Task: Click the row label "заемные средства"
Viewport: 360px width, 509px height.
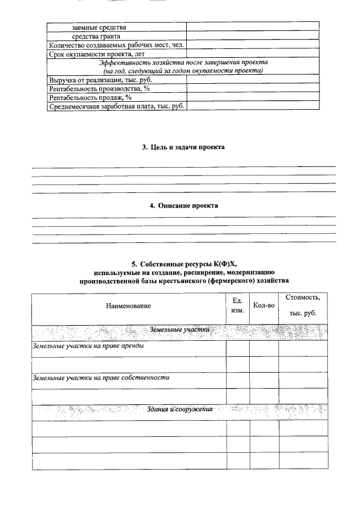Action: point(99,27)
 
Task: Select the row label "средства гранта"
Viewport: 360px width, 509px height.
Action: point(96,36)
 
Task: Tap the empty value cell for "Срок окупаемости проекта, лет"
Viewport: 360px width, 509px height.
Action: point(253,55)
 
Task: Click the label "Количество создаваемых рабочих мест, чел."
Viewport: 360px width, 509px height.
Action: point(116,45)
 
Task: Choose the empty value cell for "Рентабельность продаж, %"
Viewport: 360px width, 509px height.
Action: point(253,97)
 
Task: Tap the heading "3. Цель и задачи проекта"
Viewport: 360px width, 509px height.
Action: point(183,147)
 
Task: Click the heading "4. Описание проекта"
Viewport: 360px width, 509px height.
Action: point(183,206)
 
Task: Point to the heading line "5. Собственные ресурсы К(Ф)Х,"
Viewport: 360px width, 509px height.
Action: point(185,263)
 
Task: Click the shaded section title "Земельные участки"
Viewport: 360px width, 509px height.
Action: point(179,330)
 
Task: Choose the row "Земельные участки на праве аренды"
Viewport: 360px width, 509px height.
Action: point(88,346)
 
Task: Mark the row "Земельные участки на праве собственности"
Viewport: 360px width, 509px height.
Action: point(101,377)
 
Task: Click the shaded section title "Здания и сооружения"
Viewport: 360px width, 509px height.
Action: point(179,409)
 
